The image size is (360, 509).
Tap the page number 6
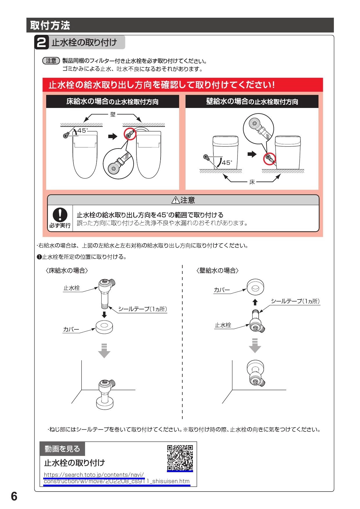point(14,497)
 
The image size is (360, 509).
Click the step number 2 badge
point(42,43)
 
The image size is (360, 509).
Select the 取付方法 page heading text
point(50,26)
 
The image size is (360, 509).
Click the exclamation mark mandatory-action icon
point(60,215)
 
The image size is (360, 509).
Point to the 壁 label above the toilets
point(113,115)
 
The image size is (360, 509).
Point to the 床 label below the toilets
point(252,182)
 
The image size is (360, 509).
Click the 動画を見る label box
point(62,449)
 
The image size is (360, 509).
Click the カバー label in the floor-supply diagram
point(71,329)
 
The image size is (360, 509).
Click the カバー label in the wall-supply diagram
point(222,290)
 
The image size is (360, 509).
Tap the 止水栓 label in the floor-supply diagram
point(71,288)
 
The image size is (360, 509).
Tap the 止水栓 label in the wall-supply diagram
point(223,325)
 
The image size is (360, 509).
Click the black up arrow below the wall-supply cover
point(255,302)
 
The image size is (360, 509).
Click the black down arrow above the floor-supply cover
point(104,315)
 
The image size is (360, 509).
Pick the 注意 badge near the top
point(51,61)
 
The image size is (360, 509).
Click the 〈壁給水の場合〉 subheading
point(218,270)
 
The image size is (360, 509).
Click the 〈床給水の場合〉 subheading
point(67,270)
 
